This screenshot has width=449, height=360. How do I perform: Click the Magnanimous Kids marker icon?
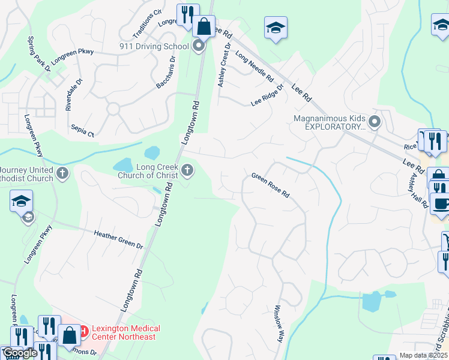click(375, 122)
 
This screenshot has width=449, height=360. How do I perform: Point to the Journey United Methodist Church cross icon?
click(62, 174)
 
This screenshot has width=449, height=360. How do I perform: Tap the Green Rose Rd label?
click(271, 185)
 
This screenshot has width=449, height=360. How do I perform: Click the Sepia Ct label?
click(83, 131)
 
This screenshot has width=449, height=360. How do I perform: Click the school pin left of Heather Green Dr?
click(21, 202)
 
